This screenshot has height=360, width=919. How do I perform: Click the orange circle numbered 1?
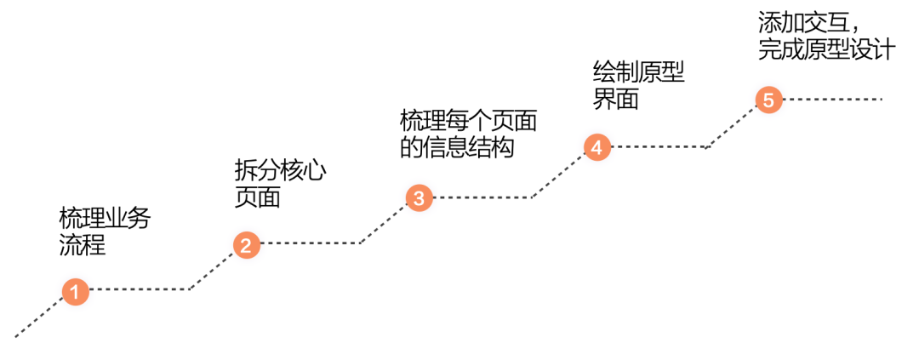coord(75,291)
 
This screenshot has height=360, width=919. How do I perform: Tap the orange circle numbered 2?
coord(246,245)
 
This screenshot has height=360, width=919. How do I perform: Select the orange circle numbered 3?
coord(419,198)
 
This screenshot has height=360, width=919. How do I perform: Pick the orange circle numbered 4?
coord(596,146)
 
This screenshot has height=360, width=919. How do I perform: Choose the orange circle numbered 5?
coord(768,100)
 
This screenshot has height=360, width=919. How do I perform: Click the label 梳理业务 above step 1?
coord(105,219)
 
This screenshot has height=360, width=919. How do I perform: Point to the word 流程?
coord(83,247)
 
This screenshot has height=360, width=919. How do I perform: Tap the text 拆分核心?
coord(280,169)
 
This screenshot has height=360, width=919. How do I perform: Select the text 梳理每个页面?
coord(469,119)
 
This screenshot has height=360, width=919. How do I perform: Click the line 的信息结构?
coord(458,147)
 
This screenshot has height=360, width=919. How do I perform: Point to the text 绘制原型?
coord(638,71)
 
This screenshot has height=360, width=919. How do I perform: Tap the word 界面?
coord(615,100)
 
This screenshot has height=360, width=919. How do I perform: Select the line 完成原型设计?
coord(826,49)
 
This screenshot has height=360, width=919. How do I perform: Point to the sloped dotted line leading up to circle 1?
coord(38,316)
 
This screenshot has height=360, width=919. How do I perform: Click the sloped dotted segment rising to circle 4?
coord(557,174)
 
